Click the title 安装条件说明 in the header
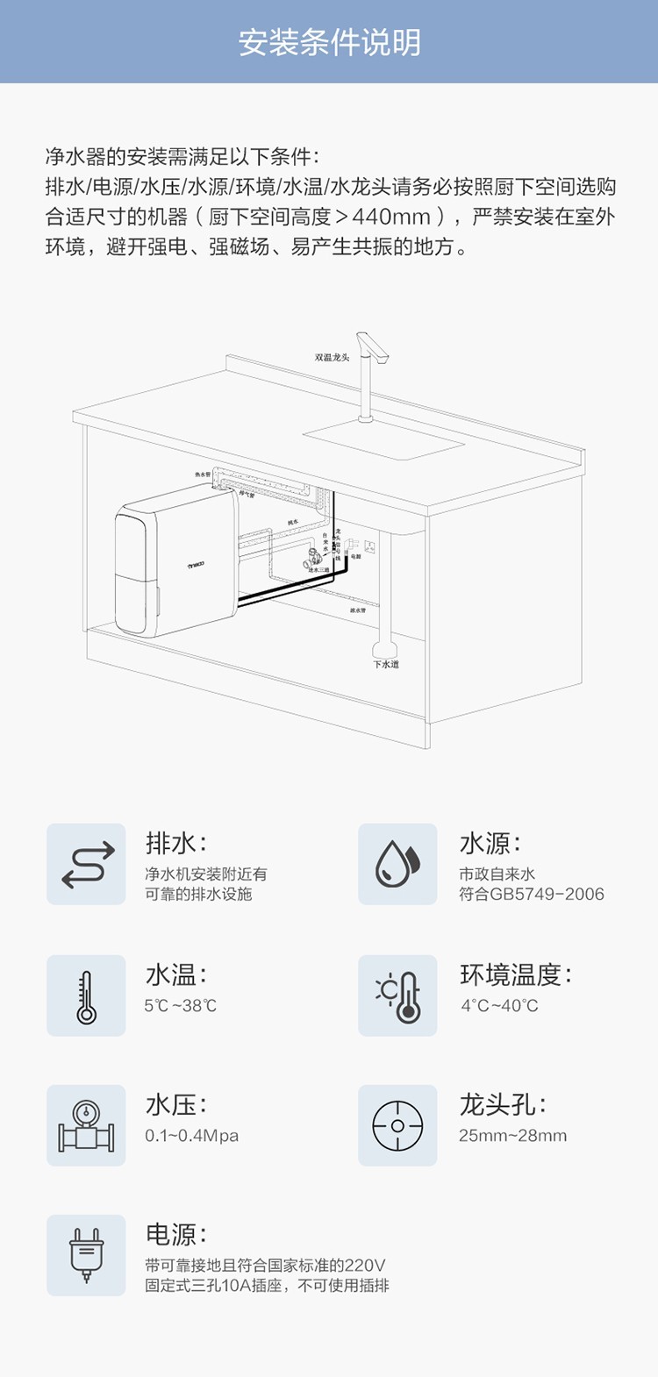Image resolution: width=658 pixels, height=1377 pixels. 329,42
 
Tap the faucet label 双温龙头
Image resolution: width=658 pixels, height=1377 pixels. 333,357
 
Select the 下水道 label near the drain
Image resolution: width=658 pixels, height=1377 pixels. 386,665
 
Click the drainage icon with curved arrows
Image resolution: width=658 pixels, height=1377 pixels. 86,864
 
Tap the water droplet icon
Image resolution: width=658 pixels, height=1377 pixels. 397,864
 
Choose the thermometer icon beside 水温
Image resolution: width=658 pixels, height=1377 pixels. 86,995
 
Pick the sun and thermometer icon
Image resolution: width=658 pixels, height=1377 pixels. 397,995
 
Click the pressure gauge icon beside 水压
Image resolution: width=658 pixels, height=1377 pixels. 86,1125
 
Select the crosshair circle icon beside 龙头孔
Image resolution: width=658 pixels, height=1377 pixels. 397,1125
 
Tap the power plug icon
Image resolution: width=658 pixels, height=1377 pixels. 86,1255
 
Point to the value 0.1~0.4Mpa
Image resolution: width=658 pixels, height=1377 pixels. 191,1136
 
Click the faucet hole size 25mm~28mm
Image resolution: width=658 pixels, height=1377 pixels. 512,1136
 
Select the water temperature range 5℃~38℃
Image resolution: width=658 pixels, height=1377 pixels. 180,1006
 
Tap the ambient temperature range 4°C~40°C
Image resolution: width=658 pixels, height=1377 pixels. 499,1006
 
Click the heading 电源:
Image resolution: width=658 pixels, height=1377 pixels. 175,1235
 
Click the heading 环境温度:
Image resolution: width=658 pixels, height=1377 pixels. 515,974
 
